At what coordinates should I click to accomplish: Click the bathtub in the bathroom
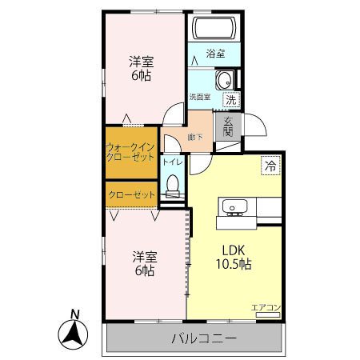[x=214, y=28]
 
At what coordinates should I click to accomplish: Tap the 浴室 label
[x=215, y=54]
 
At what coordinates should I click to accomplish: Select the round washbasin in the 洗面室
[x=225, y=81]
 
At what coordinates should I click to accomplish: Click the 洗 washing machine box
[x=231, y=100]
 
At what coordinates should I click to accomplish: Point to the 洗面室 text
[x=200, y=97]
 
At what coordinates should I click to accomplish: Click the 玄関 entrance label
[x=228, y=126]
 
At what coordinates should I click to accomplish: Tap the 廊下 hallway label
[x=195, y=138]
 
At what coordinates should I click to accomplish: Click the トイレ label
[x=173, y=162]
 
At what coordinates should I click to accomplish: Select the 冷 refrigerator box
[x=270, y=166]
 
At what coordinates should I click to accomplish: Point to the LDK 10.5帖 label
[x=234, y=257]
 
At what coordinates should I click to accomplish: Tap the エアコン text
[x=266, y=307]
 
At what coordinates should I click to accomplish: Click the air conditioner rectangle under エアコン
[x=268, y=314]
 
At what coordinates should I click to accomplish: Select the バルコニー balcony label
[x=204, y=338]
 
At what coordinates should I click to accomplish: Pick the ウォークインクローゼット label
[x=130, y=152]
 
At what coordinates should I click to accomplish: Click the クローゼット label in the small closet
[x=132, y=194]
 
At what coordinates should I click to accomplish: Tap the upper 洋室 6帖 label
[x=142, y=68]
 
